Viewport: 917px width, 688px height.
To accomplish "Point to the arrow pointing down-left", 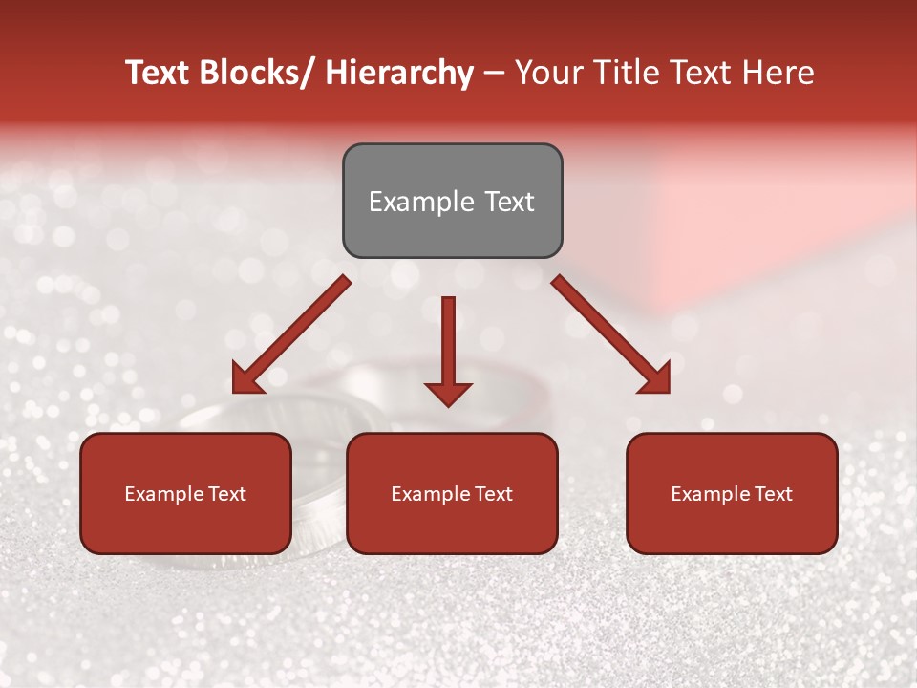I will [290, 335].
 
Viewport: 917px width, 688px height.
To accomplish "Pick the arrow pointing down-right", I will [611, 335].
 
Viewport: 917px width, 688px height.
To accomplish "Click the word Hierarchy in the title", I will [398, 74].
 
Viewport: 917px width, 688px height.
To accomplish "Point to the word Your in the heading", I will [547, 74].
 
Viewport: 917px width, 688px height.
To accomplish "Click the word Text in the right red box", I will [773, 494].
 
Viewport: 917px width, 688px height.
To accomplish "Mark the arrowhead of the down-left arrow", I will [246, 378].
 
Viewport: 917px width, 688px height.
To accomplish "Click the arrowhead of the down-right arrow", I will [655, 378].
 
